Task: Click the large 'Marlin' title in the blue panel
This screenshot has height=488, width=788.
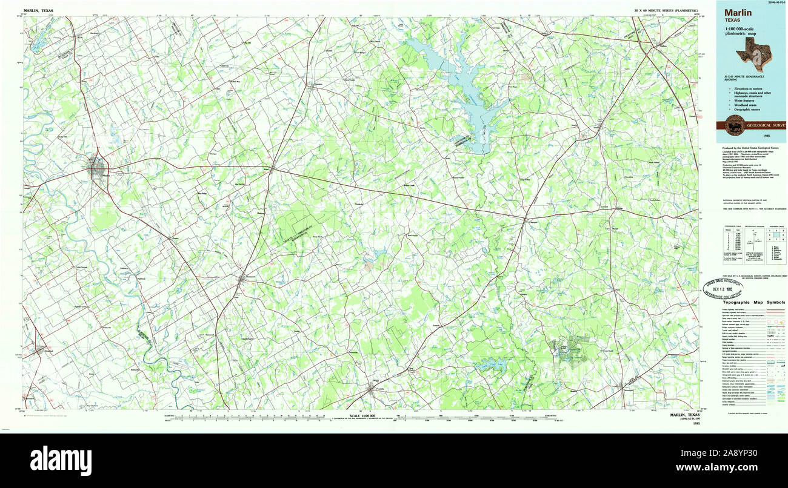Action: [x=737, y=12]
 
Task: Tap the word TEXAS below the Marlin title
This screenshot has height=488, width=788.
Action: [x=732, y=20]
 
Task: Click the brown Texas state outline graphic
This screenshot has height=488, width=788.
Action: [x=754, y=53]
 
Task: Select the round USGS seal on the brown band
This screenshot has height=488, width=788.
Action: [x=735, y=125]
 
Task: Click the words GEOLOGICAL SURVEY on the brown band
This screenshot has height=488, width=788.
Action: [x=767, y=125]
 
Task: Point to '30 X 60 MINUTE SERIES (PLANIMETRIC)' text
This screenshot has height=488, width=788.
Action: [x=666, y=11]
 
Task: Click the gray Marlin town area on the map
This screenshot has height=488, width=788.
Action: [x=97, y=168]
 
